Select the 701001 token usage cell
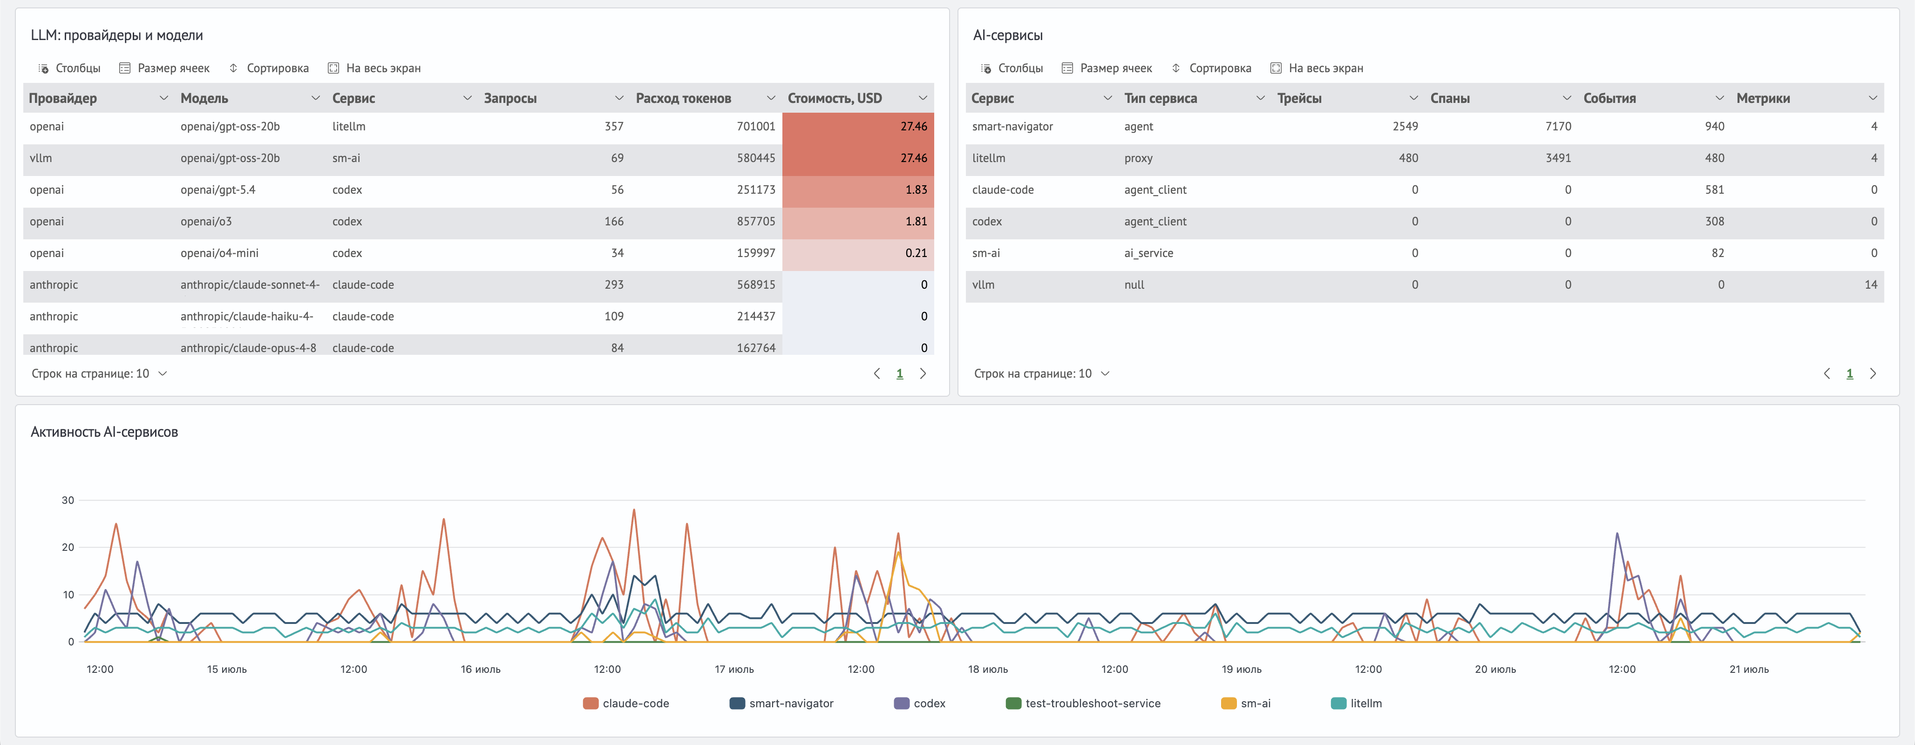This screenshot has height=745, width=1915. tap(755, 126)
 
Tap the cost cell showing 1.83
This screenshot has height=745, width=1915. tap(916, 190)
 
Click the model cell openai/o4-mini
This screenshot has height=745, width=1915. tap(219, 253)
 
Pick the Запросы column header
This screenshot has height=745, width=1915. tap(510, 98)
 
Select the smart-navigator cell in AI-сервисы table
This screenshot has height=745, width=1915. tap(1012, 126)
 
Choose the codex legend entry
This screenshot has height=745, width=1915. tap(920, 704)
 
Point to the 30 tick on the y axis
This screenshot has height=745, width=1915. tap(68, 501)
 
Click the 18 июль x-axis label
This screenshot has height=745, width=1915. tap(987, 669)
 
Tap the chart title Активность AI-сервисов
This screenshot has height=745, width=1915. tap(104, 432)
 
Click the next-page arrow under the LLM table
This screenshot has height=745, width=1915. tap(923, 374)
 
